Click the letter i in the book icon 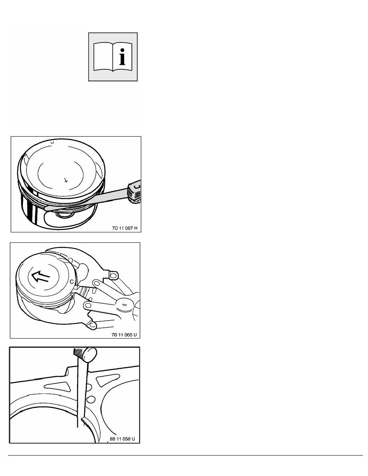[122, 55]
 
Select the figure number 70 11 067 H [125, 228]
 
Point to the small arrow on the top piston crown [66, 180]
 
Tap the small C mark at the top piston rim [52, 142]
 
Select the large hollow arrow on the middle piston [40, 276]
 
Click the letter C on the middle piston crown [72, 282]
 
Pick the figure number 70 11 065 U [124, 335]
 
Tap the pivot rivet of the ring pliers [125, 304]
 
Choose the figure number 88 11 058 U [122, 439]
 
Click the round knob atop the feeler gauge [90, 354]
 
